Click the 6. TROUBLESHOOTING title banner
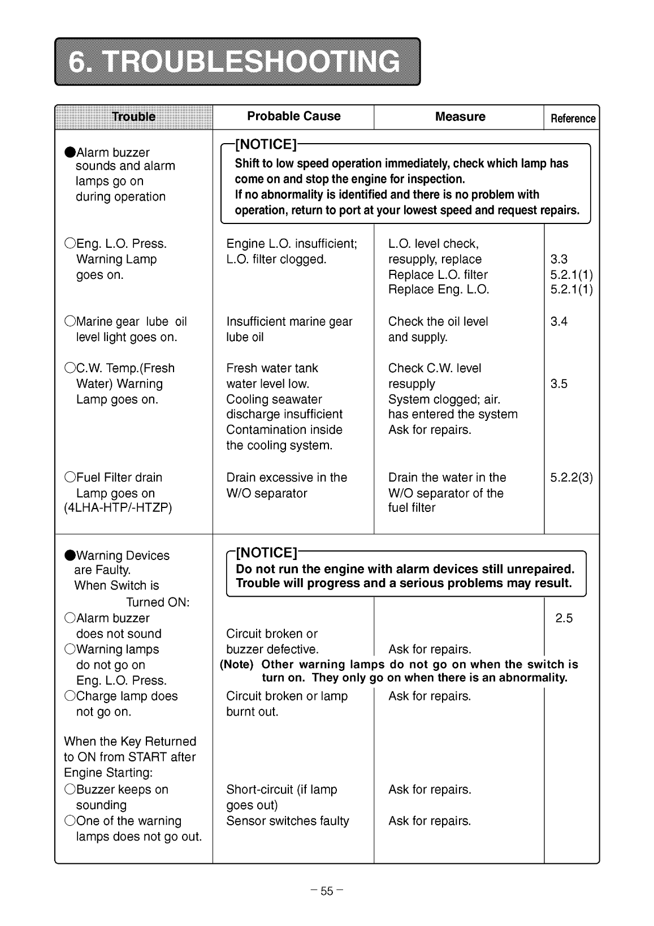click(x=237, y=62)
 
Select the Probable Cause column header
click(x=293, y=117)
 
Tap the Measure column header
click(x=460, y=117)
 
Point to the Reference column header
click(x=573, y=119)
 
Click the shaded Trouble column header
click(x=133, y=117)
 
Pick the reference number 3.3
click(x=558, y=260)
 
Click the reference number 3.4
click(x=558, y=322)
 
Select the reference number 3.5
click(x=558, y=384)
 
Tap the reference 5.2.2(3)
click(x=571, y=477)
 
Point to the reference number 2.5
click(x=564, y=618)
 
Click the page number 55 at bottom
click(x=327, y=891)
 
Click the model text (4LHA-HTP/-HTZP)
click(x=118, y=507)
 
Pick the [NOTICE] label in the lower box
click(x=266, y=553)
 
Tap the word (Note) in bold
click(x=236, y=665)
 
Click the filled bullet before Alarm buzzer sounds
click(x=70, y=153)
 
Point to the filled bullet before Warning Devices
click(x=70, y=555)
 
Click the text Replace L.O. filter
click(x=438, y=275)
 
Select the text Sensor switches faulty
click(x=287, y=821)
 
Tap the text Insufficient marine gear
click(x=289, y=322)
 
